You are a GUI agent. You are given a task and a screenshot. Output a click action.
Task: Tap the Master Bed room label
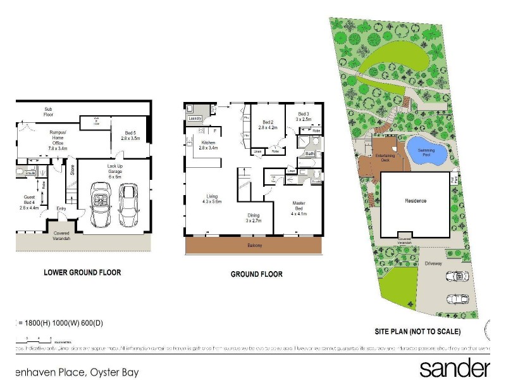299,208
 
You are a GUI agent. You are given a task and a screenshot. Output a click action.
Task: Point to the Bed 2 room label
268,125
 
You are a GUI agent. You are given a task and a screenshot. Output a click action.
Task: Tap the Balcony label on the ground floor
254,245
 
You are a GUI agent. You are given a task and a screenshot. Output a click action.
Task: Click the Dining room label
253,217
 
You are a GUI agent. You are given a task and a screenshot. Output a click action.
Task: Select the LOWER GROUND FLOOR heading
82,273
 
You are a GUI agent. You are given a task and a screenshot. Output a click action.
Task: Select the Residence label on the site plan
416,201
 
